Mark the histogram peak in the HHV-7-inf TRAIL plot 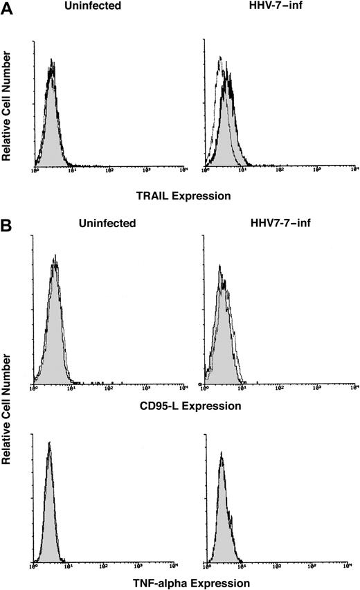click(229, 73)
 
